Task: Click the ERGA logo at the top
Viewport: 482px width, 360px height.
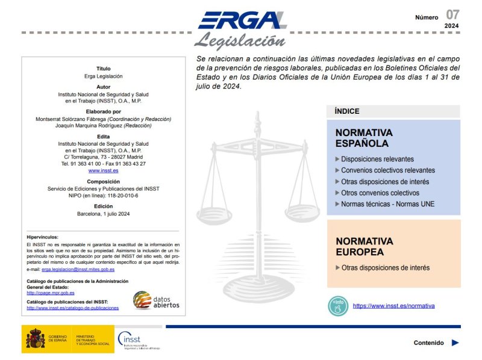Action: click(242, 20)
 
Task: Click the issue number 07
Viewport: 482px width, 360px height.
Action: click(452, 14)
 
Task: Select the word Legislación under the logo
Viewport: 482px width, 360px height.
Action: click(239, 41)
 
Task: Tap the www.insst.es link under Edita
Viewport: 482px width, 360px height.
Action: click(103, 170)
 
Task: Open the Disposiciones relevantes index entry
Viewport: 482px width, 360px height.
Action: click(377, 159)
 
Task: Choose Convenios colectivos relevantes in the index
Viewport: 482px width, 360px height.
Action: click(387, 170)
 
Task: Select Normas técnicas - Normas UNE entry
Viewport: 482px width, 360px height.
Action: click(387, 204)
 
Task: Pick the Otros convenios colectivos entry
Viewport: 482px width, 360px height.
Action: click(380, 193)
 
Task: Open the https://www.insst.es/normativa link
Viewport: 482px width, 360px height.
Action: click(393, 306)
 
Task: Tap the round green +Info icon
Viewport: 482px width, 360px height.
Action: click(338, 306)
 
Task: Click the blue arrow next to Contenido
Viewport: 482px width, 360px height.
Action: click(455, 343)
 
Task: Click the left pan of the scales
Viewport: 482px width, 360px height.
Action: click(214, 214)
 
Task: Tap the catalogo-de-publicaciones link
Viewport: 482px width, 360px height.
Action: click(72, 308)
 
